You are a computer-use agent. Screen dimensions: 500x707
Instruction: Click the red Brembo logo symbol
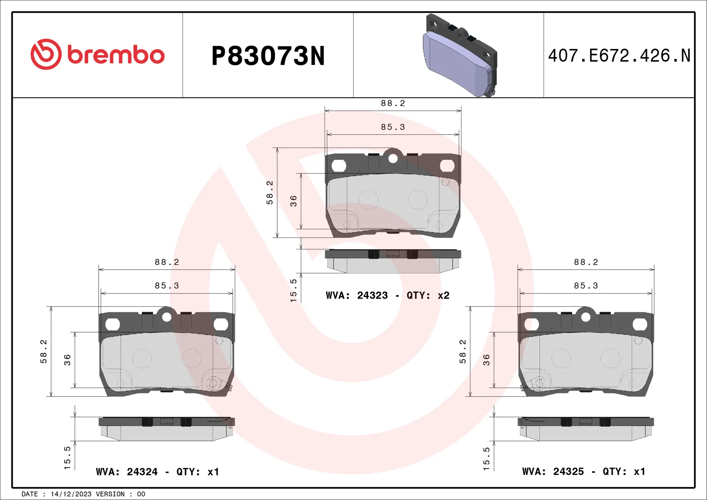[x=46, y=54]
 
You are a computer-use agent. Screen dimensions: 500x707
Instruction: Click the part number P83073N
[x=268, y=56]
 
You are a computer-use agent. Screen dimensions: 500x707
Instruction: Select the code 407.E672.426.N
[x=619, y=56]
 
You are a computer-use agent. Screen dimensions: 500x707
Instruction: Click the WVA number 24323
[x=372, y=296]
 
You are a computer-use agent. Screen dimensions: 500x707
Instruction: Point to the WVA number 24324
[x=142, y=472]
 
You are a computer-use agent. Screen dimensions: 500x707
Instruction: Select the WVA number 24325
[x=568, y=472]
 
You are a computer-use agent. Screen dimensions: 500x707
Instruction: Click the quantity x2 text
[x=443, y=296]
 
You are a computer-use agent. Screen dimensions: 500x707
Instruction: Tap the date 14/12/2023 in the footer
[x=71, y=494]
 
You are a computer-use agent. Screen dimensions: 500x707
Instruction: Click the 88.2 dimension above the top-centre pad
[x=393, y=103]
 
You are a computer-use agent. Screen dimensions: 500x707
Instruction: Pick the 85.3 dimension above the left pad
[x=167, y=286]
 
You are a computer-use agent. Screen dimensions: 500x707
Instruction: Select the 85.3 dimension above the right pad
[x=586, y=286]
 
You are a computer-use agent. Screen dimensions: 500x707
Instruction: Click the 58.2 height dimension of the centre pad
[x=270, y=193]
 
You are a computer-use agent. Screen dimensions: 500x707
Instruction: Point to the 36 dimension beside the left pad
[x=67, y=360]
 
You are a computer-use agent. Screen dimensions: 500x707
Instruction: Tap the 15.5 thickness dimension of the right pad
[x=486, y=459]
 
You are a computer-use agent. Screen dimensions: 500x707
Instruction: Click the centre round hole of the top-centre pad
[x=393, y=159]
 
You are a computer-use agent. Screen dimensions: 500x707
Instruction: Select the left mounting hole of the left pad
[x=112, y=324]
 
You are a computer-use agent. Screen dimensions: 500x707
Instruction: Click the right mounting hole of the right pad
[x=640, y=324]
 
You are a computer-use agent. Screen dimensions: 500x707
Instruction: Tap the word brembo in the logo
[x=116, y=55]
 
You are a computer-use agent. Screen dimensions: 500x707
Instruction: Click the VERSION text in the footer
[x=110, y=494]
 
